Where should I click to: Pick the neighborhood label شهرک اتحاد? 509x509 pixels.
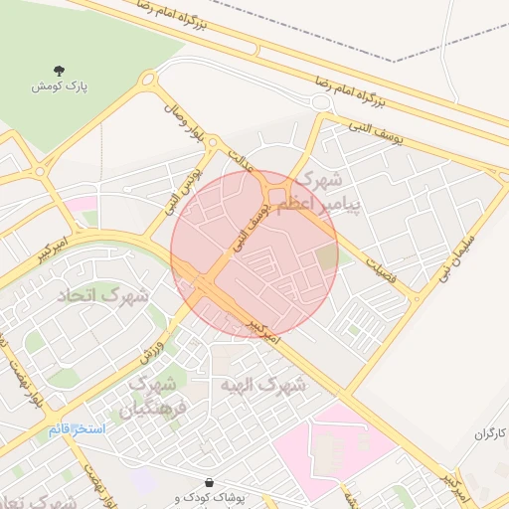112,295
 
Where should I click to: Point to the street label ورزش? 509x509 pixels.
166,340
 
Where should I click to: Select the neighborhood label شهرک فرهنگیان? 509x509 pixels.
152,397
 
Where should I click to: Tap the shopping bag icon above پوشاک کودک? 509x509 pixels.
208,481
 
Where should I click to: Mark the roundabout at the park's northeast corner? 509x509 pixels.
149,80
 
